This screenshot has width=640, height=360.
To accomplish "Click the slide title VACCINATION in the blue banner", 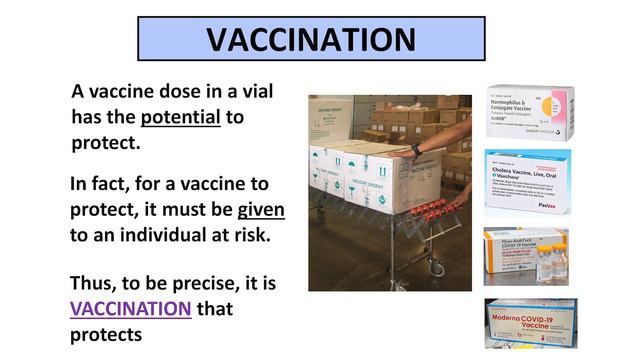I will [x=310, y=39].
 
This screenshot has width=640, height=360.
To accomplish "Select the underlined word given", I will [x=261, y=210].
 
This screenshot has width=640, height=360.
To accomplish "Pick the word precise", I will [x=201, y=282].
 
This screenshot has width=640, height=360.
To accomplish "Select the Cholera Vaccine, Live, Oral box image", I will [x=527, y=182].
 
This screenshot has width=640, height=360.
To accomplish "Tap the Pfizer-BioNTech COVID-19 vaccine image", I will [x=526, y=256].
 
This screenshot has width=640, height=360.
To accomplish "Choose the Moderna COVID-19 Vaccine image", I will [x=529, y=322].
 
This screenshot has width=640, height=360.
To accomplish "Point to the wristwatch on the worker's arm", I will [x=416, y=151].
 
